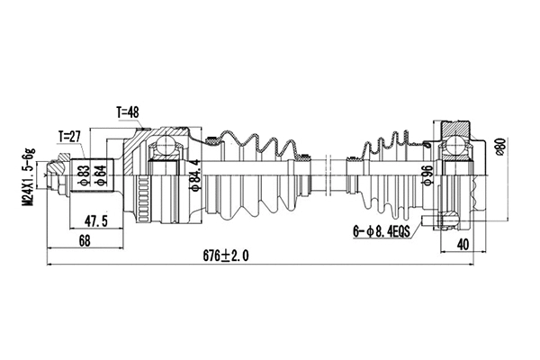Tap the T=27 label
(69, 137)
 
